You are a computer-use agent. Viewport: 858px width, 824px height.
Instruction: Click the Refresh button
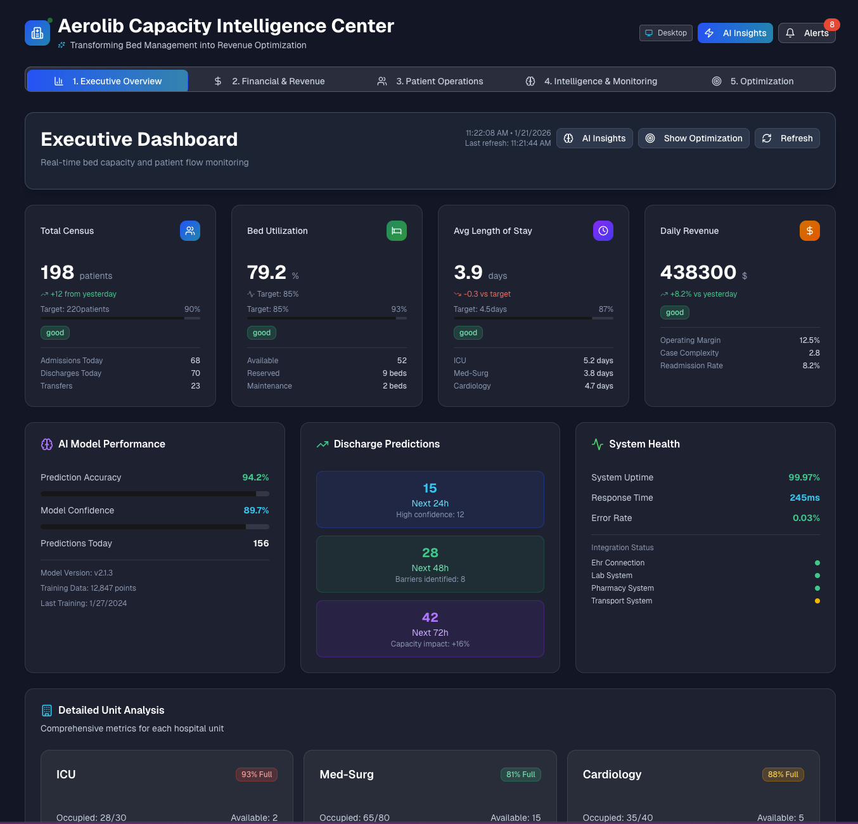[x=786, y=138]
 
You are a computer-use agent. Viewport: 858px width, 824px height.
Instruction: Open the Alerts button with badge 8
[x=807, y=33]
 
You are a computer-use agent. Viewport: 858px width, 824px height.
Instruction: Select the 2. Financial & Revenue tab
[x=269, y=81]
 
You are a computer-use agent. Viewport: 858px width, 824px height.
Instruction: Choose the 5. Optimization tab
[x=753, y=81]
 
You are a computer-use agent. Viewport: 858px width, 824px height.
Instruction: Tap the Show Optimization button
[x=693, y=138]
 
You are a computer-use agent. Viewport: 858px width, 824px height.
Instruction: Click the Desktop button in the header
[x=665, y=33]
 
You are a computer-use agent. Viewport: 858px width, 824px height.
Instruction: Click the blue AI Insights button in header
[x=735, y=33]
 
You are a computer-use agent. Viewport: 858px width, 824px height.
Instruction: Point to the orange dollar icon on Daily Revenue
[x=809, y=231]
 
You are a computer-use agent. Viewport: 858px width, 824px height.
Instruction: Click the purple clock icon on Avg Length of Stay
[x=603, y=231]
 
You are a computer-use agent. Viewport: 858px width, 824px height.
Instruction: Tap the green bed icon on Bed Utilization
[x=396, y=231]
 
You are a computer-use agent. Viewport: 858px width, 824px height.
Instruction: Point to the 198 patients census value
[x=58, y=273]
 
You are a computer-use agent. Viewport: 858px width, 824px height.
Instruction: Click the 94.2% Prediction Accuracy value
[x=255, y=477]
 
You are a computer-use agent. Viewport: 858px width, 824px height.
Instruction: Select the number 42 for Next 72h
[x=430, y=617]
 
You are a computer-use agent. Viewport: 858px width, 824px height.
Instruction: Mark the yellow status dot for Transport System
[x=817, y=601]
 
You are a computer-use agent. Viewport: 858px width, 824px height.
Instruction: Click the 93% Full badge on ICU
[x=257, y=775]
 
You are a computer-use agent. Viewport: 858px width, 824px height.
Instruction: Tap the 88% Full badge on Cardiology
[x=783, y=775]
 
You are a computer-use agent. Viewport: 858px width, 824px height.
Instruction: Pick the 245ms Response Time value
[x=804, y=498]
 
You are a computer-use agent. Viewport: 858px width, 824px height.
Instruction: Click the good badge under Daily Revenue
[x=674, y=312]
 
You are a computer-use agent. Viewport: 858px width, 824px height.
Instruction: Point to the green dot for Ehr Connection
[x=817, y=563]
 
